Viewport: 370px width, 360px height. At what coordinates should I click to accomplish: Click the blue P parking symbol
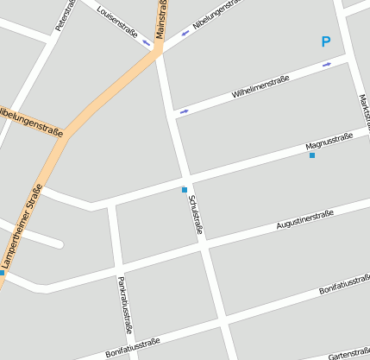click(x=325, y=41)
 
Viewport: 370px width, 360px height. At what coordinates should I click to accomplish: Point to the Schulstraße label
click(x=195, y=215)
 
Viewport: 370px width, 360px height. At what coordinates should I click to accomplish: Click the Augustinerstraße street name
click(x=304, y=219)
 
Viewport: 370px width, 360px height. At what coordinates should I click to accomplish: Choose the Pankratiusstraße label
click(x=125, y=304)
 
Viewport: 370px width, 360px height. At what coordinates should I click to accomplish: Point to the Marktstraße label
click(x=364, y=112)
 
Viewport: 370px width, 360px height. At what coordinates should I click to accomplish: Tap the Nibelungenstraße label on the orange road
click(x=31, y=123)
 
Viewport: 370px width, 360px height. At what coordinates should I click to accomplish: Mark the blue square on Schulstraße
click(x=185, y=189)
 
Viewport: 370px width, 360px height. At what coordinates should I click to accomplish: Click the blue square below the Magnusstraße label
click(x=312, y=156)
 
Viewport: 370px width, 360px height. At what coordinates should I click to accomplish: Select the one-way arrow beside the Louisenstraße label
click(x=147, y=41)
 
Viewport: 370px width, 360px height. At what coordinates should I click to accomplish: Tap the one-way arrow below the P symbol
click(x=326, y=65)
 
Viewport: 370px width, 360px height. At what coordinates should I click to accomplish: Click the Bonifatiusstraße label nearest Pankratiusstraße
click(x=132, y=347)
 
